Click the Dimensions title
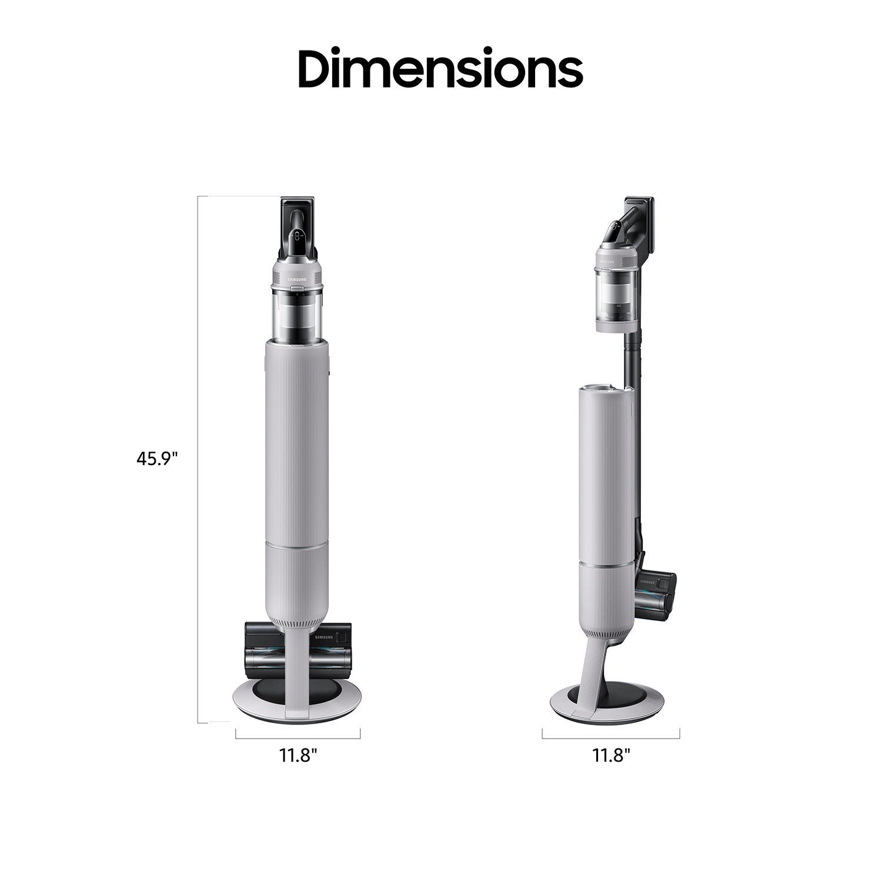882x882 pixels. [440, 68]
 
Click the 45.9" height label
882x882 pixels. [157, 459]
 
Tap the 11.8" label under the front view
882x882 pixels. [298, 755]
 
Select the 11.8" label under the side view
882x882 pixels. [611, 755]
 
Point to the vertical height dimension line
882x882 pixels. [198, 459]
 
